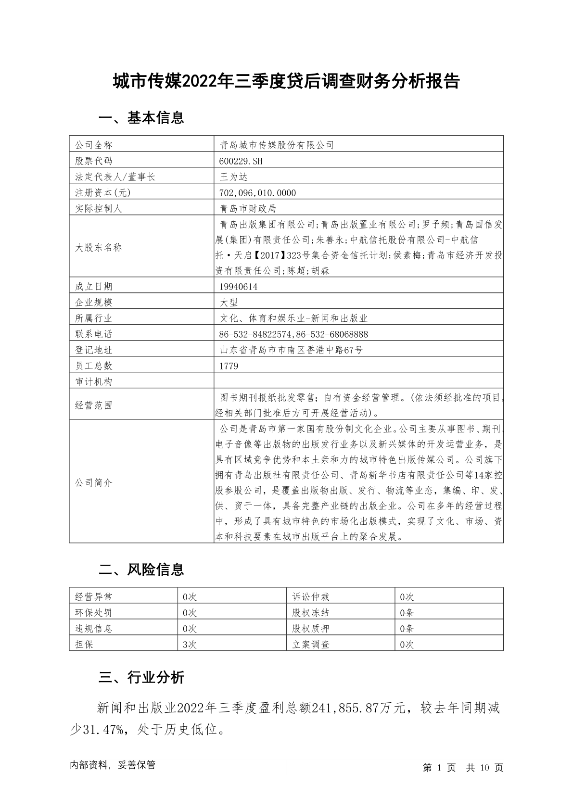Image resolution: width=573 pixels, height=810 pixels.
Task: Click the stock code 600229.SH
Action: (x=241, y=161)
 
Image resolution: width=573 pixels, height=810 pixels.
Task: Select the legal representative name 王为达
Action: (x=233, y=177)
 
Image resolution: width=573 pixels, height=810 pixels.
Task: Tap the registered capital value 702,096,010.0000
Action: (x=257, y=193)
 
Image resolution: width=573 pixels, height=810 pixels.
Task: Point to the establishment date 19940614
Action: (x=238, y=287)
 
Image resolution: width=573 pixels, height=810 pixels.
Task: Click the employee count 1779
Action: (x=229, y=366)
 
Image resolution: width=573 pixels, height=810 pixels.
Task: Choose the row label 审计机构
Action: (x=94, y=382)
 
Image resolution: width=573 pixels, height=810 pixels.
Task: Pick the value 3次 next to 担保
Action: (x=190, y=645)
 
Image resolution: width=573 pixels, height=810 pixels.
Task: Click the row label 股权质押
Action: (x=311, y=629)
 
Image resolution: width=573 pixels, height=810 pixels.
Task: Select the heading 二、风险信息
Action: (x=141, y=570)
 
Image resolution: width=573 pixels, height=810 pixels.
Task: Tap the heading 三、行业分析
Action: (x=141, y=678)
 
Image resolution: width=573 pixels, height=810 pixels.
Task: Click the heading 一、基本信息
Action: (x=141, y=118)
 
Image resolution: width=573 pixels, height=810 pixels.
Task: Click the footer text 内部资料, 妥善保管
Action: (x=113, y=765)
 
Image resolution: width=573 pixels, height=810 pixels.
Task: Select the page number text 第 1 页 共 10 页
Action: (x=463, y=768)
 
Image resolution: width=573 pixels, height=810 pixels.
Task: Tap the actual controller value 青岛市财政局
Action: (x=248, y=209)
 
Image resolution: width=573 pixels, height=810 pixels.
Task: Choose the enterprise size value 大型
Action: (x=229, y=303)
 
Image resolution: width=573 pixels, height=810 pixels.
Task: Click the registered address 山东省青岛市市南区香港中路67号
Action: (x=291, y=350)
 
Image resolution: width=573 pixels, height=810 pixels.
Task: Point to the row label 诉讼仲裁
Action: (x=311, y=597)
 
